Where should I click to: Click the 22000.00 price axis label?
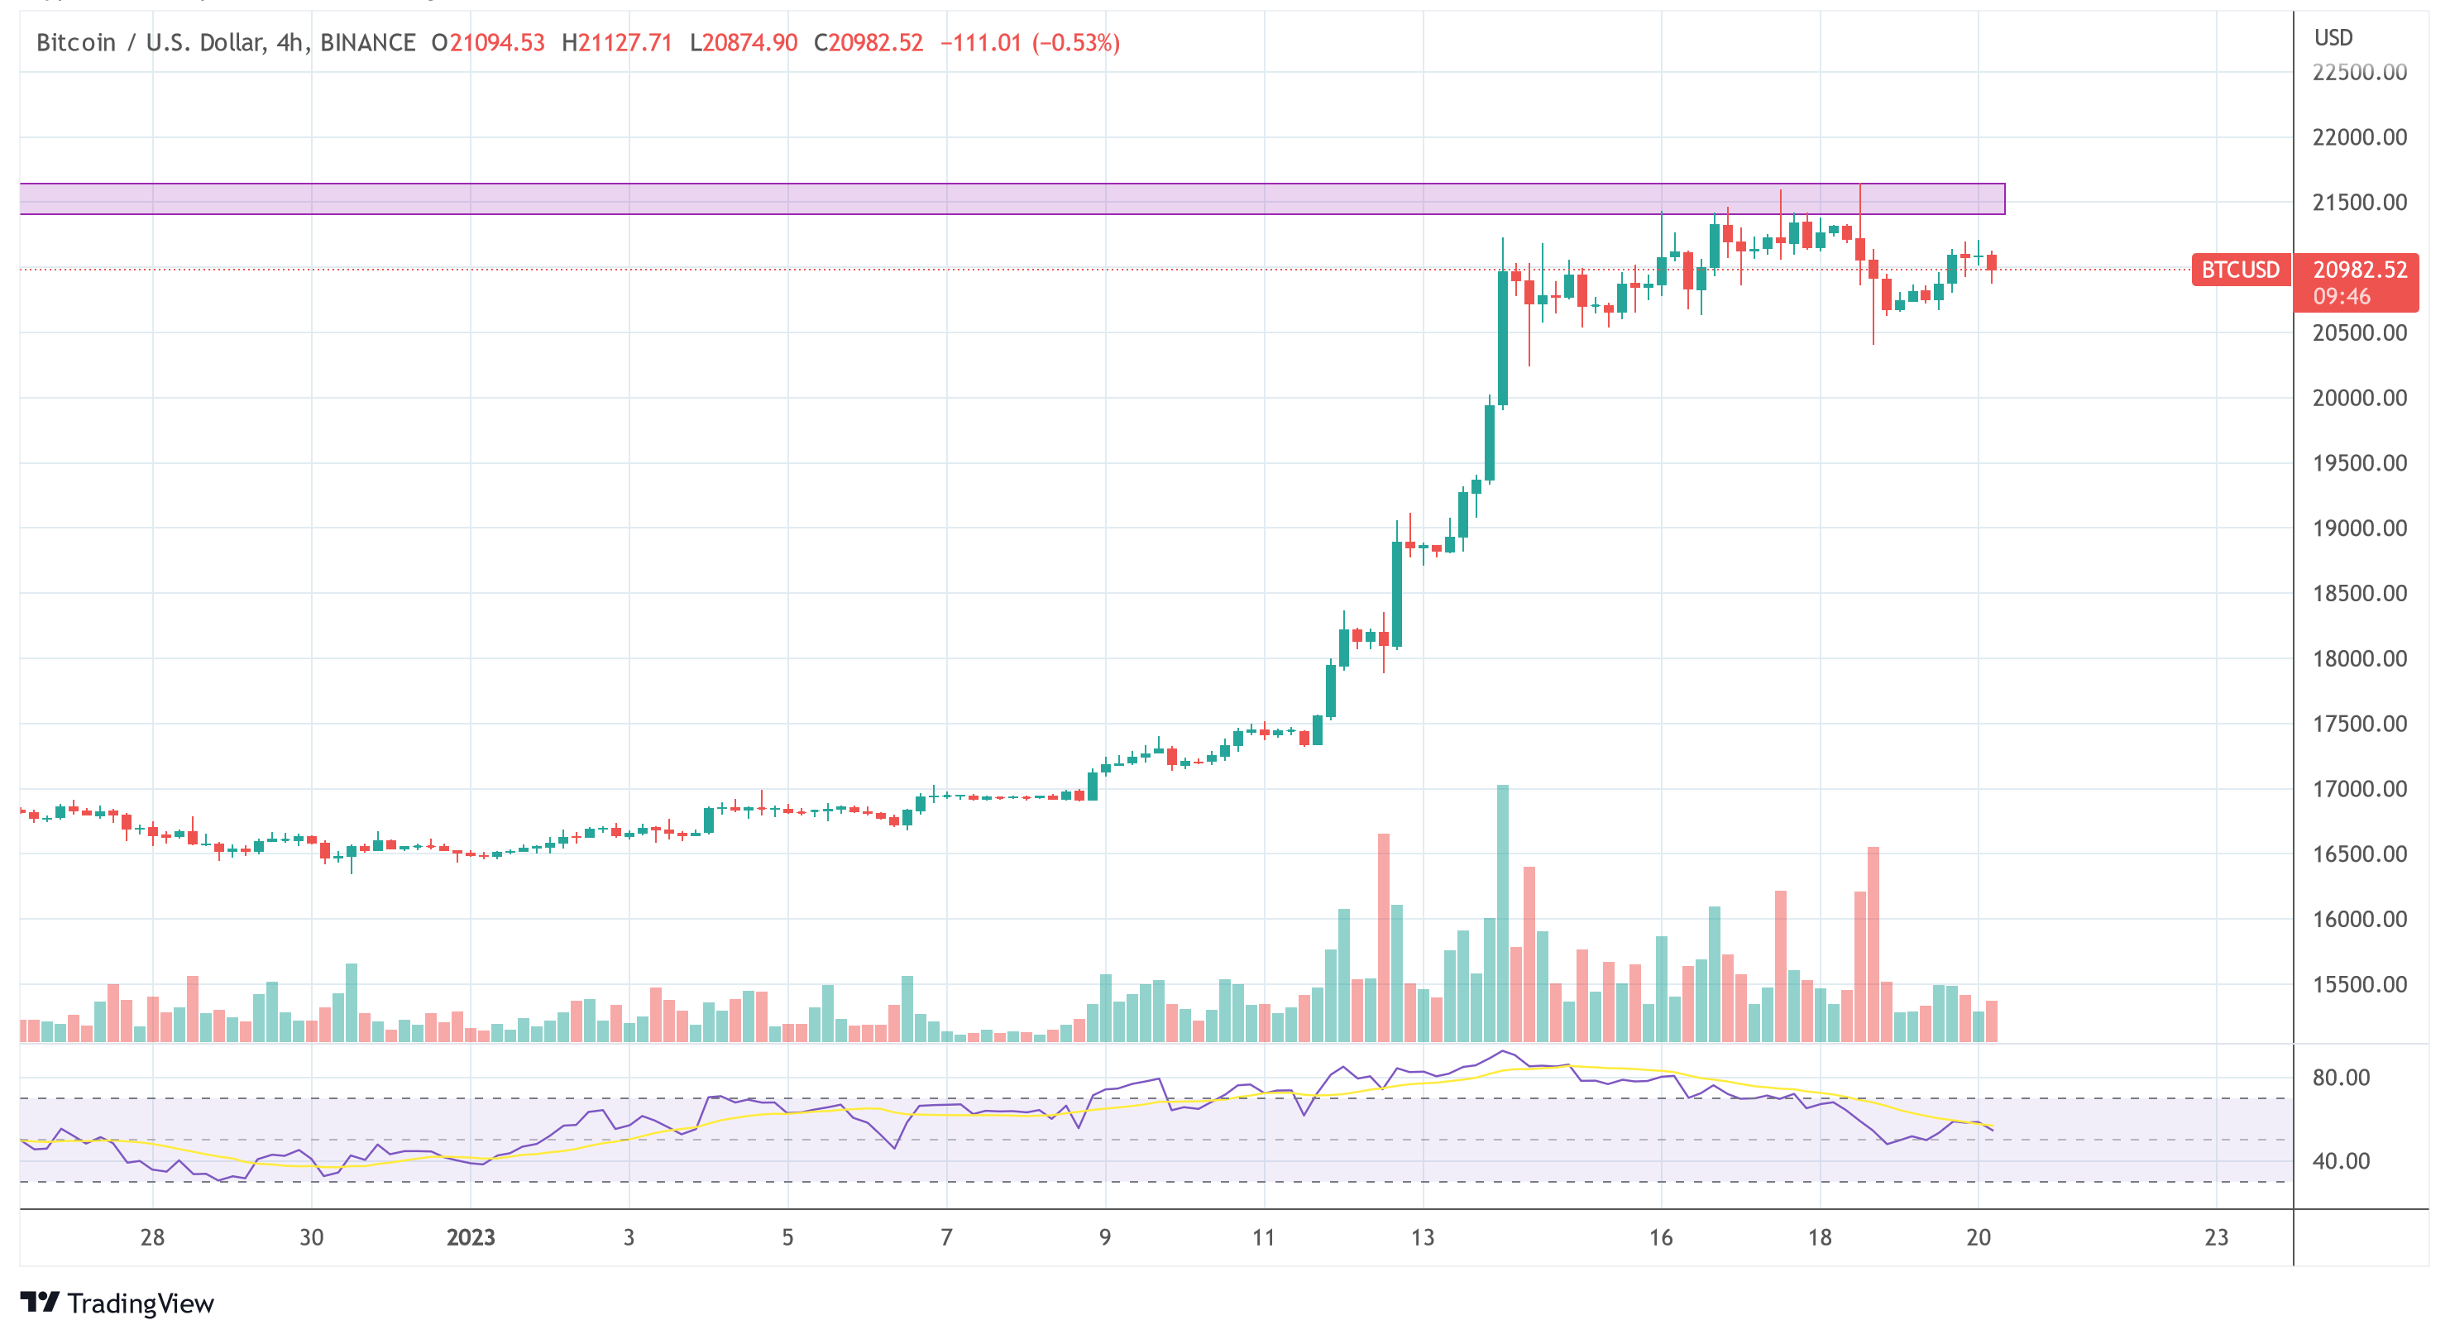pyautogui.click(x=2359, y=138)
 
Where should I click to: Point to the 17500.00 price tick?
pyautogui.click(x=2359, y=724)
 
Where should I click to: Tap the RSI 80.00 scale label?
pyautogui.click(x=2341, y=1078)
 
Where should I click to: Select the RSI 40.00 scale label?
pyautogui.click(x=2341, y=1161)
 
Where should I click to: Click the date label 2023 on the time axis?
pyautogui.click(x=470, y=1237)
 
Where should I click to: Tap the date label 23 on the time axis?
pyautogui.click(x=2216, y=1237)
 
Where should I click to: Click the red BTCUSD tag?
pyautogui.click(x=2239, y=270)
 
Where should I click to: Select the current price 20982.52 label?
pyautogui.click(x=2359, y=270)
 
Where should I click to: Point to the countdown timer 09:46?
pyautogui.click(x=2341, y=297)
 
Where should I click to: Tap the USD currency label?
pyautogui.click(x=2333, y=38)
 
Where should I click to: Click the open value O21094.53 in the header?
pyautogui.click(x=488, y=43)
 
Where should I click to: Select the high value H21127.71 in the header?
pyautogui.click(x=616, y=43)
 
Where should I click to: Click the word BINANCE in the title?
pyautogui.click(x=367, y=43)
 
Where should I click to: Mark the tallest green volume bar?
pyautogui.click(x=1502, y=913)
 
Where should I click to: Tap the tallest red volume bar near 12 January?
pyautogui.click(x=1383, y=937)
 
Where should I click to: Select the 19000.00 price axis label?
pyautogui.click(x=2359, y=528)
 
